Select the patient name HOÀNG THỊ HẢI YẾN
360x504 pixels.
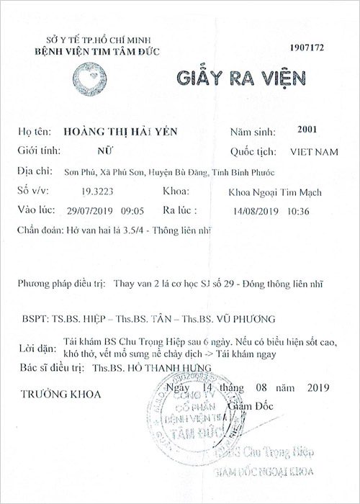click(x=117, y=132)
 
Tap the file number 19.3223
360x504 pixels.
click(x=97, y=192)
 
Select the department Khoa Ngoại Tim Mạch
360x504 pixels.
click(x=275, y=192)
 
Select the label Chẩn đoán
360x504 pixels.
click(x=38, y=230)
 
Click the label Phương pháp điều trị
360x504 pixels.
click(x=61, y=284)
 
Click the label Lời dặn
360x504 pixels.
click(x=36, y=349)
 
